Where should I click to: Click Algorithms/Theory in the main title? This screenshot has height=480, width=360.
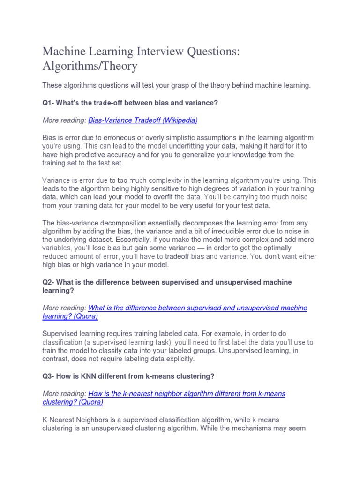(90, 66)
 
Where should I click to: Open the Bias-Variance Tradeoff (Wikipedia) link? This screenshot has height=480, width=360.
(143, 120)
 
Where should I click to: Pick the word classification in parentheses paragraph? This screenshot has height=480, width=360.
(63, 342)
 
